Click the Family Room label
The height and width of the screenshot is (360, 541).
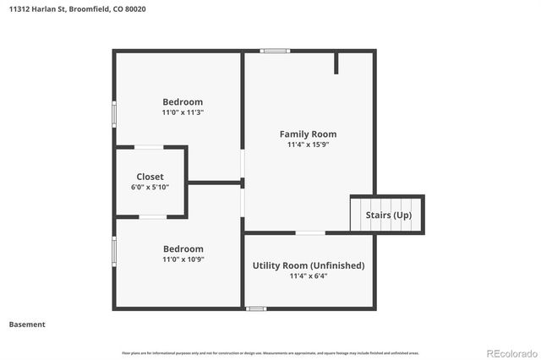pyautogui.click(x=308, y=134)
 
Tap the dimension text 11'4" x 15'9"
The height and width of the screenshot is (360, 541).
pyautogui.click(x=308, y=145)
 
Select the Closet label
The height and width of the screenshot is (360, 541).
pyautogui.click(x=150, y=177)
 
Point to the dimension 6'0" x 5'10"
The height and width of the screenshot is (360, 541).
pyautogui.click(x=150, y=187)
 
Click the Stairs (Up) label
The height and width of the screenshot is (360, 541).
pyautogui.click(x=389, y=215)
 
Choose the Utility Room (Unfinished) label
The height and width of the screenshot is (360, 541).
pyautogui.click(x=309, y=265)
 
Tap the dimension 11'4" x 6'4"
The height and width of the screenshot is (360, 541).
pyautogui.click(x=309, y=275)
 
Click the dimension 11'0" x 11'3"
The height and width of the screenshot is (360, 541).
pyautogui.click(x=183, y=112)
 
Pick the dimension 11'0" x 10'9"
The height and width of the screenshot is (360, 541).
pyautogui.click(x=183, y=259)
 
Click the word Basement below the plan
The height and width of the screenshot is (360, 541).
pyautogui.click(x=27, y=324)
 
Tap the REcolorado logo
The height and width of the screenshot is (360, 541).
pyautogui.click(x=510, y=352)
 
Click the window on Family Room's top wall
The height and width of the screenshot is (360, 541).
pyautogui.click(x=276, y=51)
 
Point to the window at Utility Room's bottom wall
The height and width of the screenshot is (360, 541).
pyautogui.click(x=256, y=308)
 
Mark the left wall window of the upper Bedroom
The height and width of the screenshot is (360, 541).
pyautogui.click(x=114, y=114)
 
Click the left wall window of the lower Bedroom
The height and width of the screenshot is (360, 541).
pyautogui.click(x=114, y=251)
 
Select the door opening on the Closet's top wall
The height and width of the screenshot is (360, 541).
pyautogui.click(x=150, y=147)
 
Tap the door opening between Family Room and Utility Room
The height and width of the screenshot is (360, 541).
pyautogui.click(x=309, y=232)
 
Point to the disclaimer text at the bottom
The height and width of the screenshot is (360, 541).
pyautogui.click(x=270, y=352)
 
